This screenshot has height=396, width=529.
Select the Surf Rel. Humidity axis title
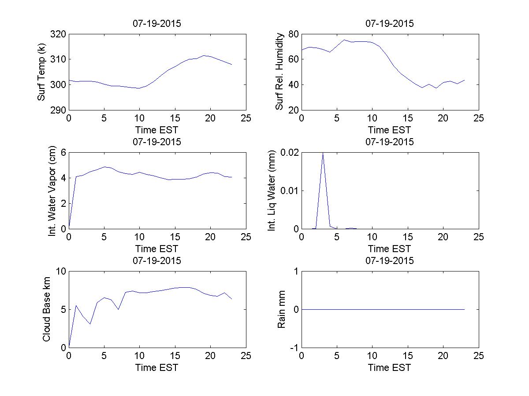[x=279, y=72]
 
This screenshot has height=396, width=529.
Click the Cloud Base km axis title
[x=46, y=309]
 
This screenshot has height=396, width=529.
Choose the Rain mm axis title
[x=281, y=309]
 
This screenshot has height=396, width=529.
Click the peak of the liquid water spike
[x=323, y=153]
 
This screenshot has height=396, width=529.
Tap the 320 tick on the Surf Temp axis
[x=59, y=34]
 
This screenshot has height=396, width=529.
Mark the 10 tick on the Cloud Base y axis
[x=61, y=271]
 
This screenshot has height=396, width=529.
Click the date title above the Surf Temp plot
[x=157, y=24]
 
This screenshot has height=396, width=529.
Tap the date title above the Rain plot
[x=390, y=260]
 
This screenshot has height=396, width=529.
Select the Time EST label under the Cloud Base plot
[x=157, y=367]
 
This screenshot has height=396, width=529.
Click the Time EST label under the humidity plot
[x=390, y=130]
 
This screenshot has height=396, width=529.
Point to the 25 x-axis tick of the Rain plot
[x=479, y=356]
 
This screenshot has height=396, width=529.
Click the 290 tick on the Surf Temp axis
[x=59, y=110]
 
